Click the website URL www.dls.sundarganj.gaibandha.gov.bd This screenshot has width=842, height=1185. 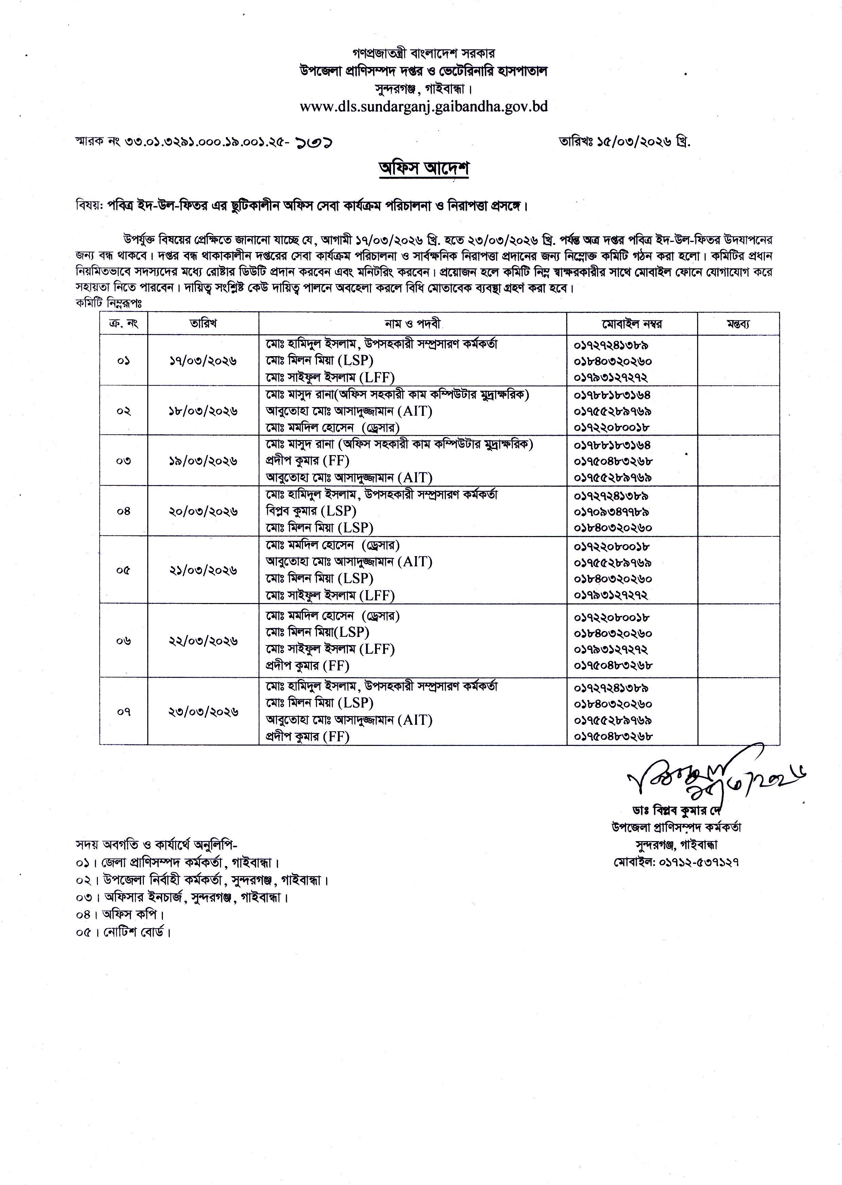424,106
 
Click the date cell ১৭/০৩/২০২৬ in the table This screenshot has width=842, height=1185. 203,361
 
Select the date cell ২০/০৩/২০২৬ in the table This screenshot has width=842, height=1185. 203,511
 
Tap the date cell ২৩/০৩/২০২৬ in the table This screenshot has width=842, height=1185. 203,712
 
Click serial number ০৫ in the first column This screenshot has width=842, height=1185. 123,570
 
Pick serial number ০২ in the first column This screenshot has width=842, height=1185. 123,411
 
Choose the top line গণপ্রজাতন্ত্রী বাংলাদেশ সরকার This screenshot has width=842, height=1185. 424,53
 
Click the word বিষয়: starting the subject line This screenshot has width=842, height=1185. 89,206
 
